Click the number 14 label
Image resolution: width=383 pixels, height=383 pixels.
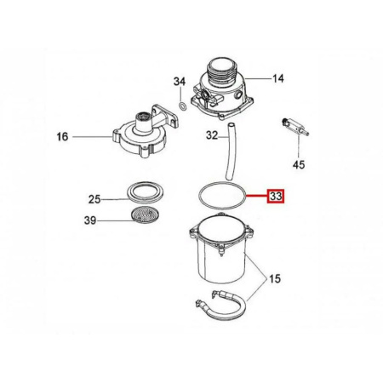point(277,78)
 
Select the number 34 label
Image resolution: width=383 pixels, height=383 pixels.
point(179,82)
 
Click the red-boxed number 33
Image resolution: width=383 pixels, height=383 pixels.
point(277,197)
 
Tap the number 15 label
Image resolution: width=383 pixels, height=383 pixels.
point(275,277)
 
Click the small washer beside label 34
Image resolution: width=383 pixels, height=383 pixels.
point(183,107)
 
